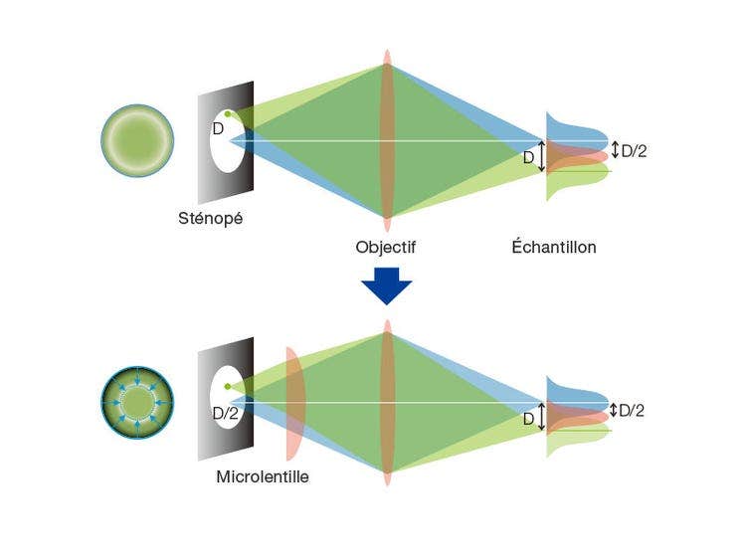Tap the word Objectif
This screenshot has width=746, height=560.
pos(385,247)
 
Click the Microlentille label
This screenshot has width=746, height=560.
pos(263,477)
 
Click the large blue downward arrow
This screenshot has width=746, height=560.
pos(386,285)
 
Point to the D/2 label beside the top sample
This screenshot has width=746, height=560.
pos(634,151)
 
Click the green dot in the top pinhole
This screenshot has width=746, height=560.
pos(228,114)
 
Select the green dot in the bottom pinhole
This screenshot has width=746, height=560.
pos(228,386)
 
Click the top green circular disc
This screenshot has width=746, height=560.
pos(137,140)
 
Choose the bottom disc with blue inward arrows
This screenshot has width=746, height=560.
pos(137,403)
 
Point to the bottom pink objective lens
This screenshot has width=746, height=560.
pos(387,403)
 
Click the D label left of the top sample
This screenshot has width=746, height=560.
pos(528,157)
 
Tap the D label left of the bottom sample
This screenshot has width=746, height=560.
pos(528,419)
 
